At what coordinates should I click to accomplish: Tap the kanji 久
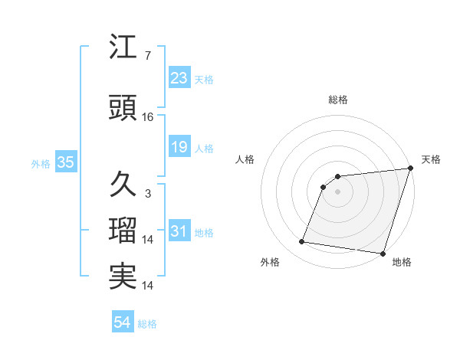point(123,184)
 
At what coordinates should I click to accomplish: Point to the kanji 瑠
point(123,230)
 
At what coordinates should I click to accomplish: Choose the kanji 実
point(123,277)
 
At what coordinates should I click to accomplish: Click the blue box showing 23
point(179,78)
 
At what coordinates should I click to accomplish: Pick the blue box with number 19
point(179,147)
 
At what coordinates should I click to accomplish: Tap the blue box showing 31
point(179,231)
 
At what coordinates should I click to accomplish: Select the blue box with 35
point(65,162)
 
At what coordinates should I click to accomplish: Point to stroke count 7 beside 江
point(147,56)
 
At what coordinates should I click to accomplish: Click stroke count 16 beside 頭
point(148,117)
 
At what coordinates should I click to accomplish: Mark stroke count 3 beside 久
point(147,193)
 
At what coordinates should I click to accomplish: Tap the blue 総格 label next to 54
point(147,324)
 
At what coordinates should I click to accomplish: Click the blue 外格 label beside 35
point(41,163)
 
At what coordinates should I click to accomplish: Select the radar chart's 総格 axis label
point(338,100)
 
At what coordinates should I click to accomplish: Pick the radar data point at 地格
point(383,254)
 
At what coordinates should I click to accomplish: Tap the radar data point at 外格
point(302,242)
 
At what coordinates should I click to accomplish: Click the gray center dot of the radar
point(337,191)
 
